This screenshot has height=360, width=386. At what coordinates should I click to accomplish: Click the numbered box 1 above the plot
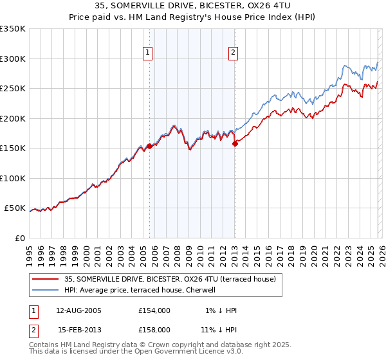pyautogui.click(x=148, y=53)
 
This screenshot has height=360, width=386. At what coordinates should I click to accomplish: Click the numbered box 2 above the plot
pyautogui.click(x=232, y=53)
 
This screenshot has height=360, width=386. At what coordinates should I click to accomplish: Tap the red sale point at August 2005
pyautogui.click(x=149, y=146)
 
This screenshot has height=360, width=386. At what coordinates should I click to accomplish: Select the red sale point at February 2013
pyautogui.click(x=235, y=144)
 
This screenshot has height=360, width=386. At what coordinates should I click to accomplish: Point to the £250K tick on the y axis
pyautogui.click(x=12, y=89)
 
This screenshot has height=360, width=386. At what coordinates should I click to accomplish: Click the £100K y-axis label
pyautogui.click(x=12, y=178)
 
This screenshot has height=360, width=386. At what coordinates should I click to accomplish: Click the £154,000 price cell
pyautogui.click(x=154, y=310)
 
